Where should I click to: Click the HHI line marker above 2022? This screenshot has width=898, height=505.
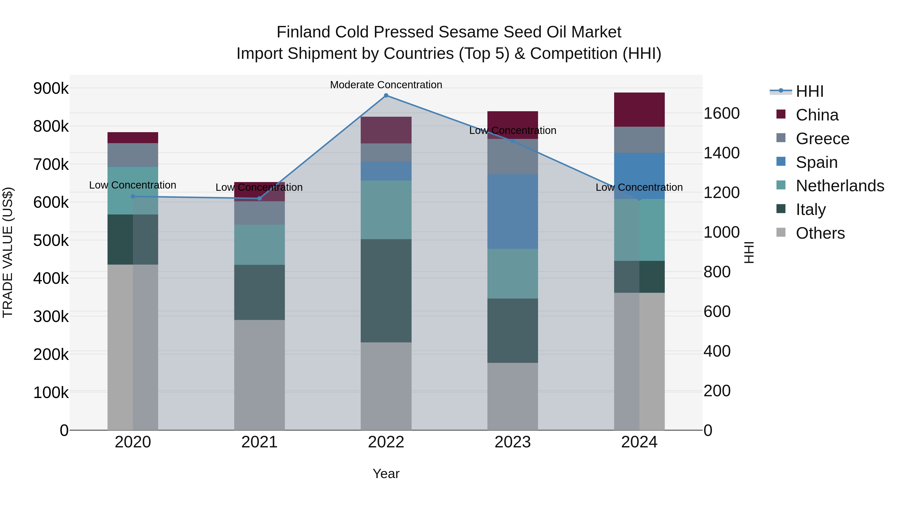386,96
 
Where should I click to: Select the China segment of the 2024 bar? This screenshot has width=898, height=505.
639,110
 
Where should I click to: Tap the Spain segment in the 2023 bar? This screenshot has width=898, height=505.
512,211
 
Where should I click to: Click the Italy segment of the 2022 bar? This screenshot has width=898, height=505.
386,291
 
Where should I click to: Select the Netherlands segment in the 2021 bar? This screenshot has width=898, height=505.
259,245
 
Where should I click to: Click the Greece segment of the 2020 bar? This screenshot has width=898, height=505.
132,155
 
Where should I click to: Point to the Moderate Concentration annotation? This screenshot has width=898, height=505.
386,85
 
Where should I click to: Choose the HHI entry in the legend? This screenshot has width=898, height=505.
809,91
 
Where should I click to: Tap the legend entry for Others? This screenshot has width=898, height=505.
820,233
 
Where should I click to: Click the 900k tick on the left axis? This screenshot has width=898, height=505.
51,88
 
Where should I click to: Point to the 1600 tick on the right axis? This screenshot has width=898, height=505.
721,113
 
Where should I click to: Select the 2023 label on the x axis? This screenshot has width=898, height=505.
512,442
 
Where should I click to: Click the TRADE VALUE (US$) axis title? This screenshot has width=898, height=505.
8,252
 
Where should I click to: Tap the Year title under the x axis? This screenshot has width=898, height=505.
386,474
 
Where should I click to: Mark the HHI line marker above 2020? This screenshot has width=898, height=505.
132,196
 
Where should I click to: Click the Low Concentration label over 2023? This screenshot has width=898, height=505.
512,130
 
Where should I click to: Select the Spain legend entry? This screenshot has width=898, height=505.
816,162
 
